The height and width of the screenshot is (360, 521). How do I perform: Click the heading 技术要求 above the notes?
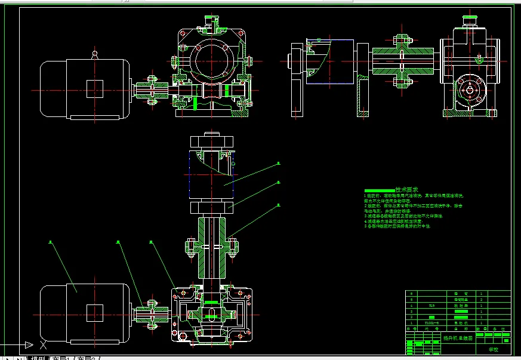(x=406, y=189)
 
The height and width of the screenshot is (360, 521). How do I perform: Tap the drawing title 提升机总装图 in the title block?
(x=457, y=337)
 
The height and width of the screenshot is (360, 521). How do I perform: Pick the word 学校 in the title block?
(x=494, y=349)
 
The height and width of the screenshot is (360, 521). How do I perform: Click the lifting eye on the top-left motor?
(x=94, y=55)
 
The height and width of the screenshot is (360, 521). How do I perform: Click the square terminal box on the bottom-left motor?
(x=95, y=312)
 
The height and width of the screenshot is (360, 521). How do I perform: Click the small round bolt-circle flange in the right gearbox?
(x=470, y=90)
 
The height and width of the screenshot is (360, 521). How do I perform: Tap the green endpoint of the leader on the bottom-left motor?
(x=51, y=242)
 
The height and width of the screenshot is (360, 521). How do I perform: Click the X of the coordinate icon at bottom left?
(x=41, y=345)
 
